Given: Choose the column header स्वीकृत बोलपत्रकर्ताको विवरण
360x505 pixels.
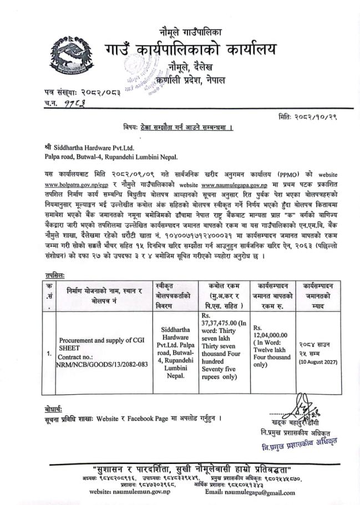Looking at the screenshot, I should coord(173,294).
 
